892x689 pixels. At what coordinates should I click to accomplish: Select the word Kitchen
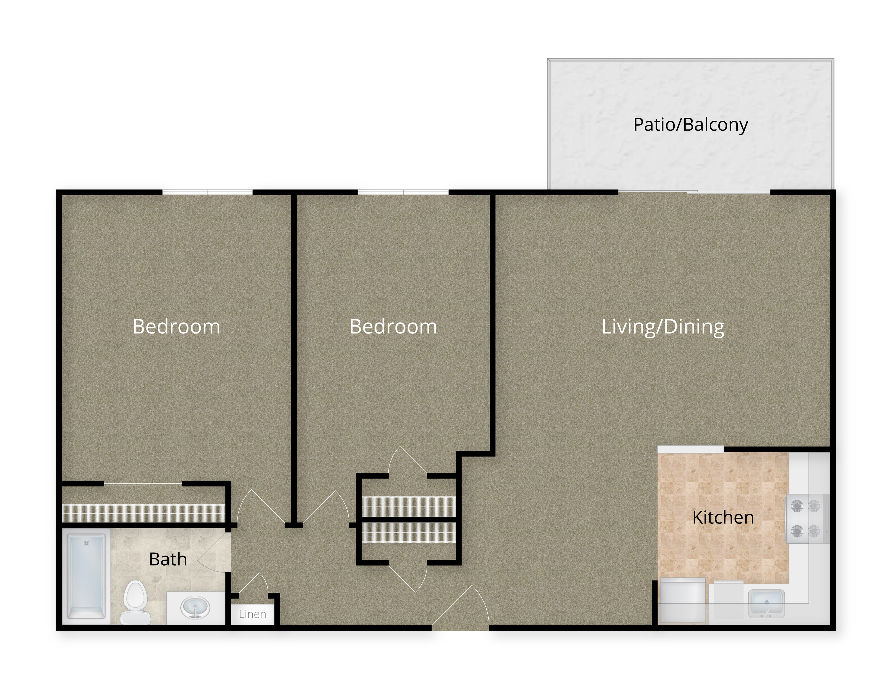[723, 518]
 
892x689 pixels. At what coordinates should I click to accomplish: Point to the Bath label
[168, 559]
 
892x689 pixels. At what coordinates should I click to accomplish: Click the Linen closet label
[252, 614]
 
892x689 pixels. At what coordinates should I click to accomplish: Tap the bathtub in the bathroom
[86, 577]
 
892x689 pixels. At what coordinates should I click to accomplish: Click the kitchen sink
[766, 603]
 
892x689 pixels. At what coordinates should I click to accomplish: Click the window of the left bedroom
[208, 192]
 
